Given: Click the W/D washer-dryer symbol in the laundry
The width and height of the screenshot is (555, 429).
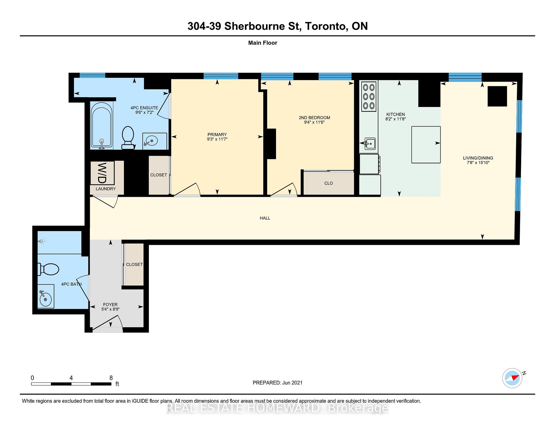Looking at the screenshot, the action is click(102, 173).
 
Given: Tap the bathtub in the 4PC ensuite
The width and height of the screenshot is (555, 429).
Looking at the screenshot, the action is click(101, 125).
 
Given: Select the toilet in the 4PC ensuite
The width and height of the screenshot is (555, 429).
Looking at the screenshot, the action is click(128, 138).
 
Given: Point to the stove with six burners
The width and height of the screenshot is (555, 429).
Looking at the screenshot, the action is click(369, 97).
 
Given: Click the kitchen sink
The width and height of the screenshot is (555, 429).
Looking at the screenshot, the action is click(370, 143).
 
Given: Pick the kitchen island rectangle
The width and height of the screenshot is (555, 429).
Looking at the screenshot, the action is click(426, 145).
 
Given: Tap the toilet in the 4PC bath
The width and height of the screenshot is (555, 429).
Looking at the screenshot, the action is click(48, 269).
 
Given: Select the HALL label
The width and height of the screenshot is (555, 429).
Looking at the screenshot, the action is click(265, 218).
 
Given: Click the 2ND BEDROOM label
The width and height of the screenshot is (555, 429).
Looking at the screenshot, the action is click(314, 118).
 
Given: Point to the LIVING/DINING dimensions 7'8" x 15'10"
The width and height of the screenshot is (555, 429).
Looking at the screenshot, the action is click(478, 163).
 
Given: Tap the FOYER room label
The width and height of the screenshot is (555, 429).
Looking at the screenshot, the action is click(110, 304).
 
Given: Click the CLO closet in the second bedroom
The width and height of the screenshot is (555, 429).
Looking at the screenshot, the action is click(328, 183).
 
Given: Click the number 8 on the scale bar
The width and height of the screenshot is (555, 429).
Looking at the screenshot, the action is click(111, 378).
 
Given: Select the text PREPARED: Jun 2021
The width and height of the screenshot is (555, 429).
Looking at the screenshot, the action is click(277, 383).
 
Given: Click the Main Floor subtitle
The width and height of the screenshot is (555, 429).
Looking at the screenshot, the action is click(263, 43).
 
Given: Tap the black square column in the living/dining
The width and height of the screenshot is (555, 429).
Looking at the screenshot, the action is click(497, 96).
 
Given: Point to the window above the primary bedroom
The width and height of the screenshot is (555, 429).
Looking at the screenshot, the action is click(221, 76).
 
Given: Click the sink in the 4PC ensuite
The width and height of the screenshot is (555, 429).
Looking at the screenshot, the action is click(155, 141).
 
